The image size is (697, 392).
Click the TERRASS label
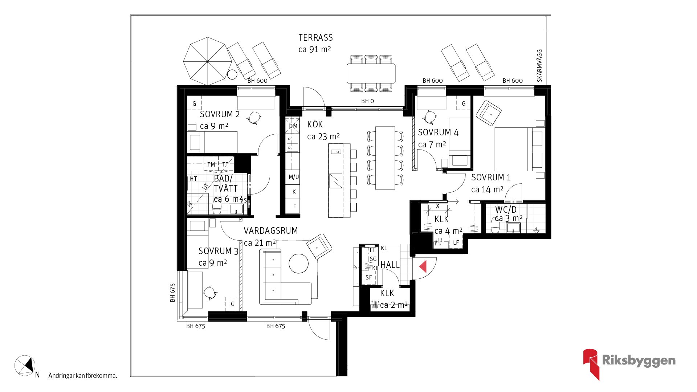tap(315, 38)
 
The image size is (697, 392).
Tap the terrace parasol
tap(207, 61)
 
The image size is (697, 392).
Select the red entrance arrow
tap(423, 266)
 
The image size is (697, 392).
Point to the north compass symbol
tap(25, 366)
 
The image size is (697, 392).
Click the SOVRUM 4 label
tap(438, 132)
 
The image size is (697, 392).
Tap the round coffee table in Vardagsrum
tap(298, 263)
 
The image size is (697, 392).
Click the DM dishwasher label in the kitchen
tap(293, 126)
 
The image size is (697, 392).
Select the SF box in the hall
tap(368, 278)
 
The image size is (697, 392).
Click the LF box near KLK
tap(456, 242)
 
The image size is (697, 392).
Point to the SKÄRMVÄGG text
tap(539, 66)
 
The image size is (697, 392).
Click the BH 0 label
tap(367, 101)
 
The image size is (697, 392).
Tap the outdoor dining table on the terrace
tap(371, 73)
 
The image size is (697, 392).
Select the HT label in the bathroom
tap(193, 179)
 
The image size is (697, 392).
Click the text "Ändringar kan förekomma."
tap(83, 376)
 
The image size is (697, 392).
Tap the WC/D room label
tap(506, 209)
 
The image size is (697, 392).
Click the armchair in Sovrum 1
tap(489, 113)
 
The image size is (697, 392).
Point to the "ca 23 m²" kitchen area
tap(323, 136)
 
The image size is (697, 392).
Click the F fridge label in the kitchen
tap(294, 206)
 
